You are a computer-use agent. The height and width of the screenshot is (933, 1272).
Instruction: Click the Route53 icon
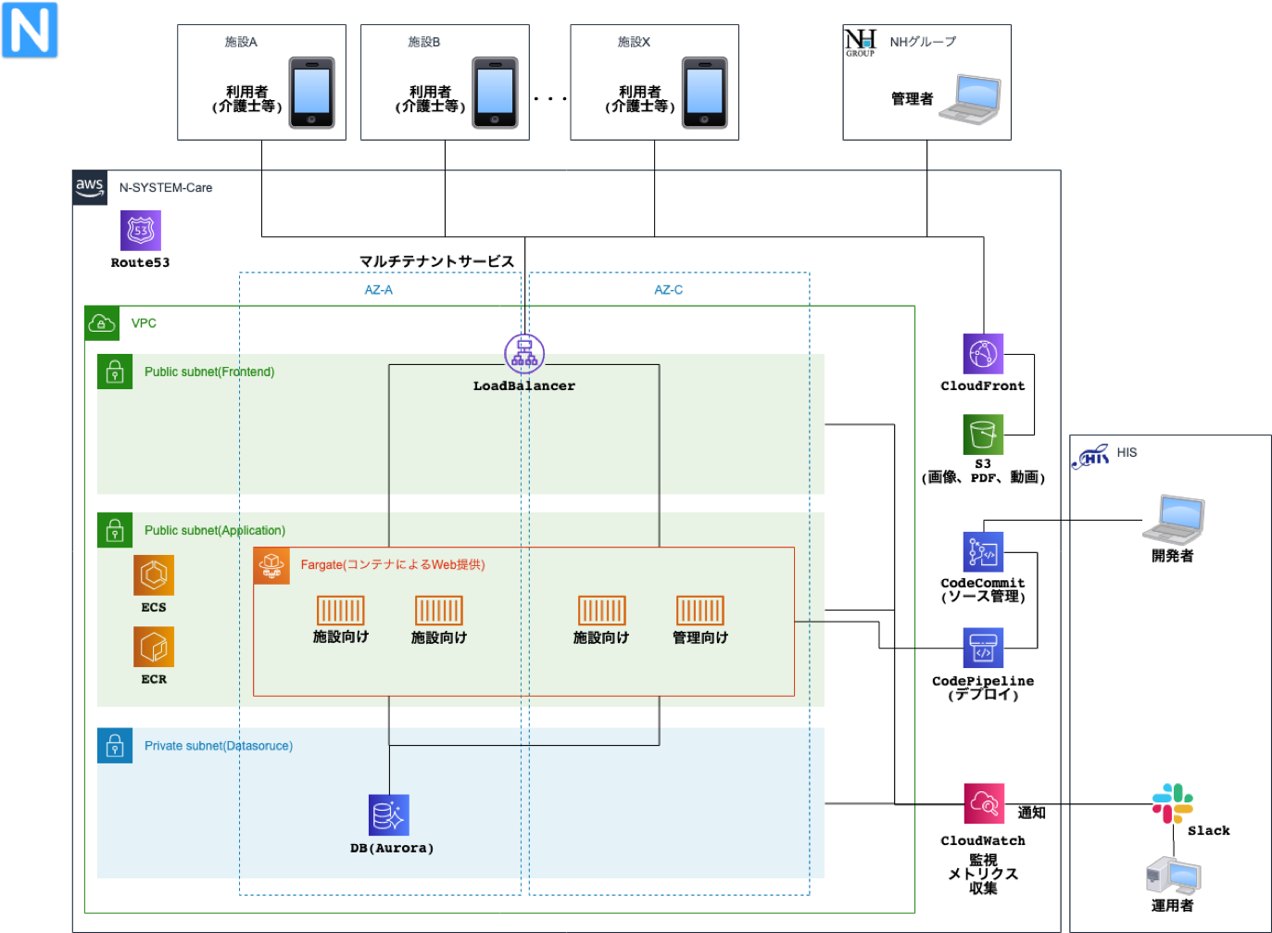pyautogui.click(x=141, y=231)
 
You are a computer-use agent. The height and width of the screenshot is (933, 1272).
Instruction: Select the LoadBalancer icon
pyautogui.click(x=524, y=354)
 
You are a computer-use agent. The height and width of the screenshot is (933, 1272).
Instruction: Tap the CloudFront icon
pyautogui.click(x=983, y=354)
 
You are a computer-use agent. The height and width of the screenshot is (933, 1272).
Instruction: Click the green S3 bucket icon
pyautogui.click(x=983, y=434)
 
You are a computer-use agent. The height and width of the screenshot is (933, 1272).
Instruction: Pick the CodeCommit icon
pyautogui.click(x=983, y=552)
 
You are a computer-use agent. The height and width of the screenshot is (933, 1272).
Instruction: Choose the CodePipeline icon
pyautogui.click(x=983, y=648)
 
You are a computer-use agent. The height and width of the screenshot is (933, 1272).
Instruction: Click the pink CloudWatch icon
pyautogui.click(x=984, y=804)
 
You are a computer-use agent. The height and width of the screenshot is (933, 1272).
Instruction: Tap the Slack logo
pyautogui.click(x=1172, y=803)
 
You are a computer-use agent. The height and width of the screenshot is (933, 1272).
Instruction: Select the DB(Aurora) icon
pyautogui.click(x=389, y=815)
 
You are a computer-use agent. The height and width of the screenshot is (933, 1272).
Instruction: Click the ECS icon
pyautogui.click(x=154, y=575)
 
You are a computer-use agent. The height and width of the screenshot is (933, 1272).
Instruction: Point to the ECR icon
pyautogui.click(x=154, y=647)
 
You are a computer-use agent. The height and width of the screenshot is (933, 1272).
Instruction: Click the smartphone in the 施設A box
pyautogui.click(x=311, y=93)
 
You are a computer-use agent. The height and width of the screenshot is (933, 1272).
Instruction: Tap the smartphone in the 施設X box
pyautogui.click(x=704, y=93)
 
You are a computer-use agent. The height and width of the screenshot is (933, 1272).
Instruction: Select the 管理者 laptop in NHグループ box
pyautogui.click(x=970, y=99)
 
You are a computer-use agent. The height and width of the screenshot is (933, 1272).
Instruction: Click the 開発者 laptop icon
pyautogui.click(x=1173, y=520)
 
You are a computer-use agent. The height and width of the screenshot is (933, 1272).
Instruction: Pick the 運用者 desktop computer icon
pyautogui.click(x=1173, y=876)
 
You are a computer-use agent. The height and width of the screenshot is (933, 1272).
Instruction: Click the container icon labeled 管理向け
pyautogui.click(x=699, y=611)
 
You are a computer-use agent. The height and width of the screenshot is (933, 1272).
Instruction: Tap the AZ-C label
pyautogui.click(x=668, y=290)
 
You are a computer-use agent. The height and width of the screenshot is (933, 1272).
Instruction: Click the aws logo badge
pyautogui.click(x=90, y=186)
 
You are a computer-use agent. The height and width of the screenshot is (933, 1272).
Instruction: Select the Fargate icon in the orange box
pyautogui.click(x=271, y=565)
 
